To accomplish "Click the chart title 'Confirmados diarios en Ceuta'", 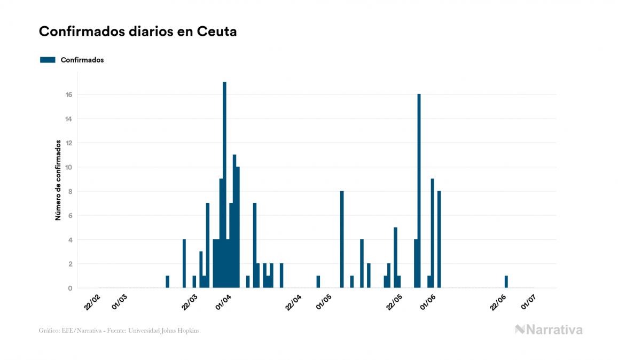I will tap(138, 32).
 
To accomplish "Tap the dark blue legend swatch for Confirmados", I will tap(48, 60).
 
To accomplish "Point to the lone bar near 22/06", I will tap(506, 281).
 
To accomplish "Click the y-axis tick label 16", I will tap(69, 95).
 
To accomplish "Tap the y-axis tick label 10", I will tap(69, 167).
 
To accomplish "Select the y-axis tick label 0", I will tap(71, 288).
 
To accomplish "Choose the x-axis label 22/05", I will tap(394, 302).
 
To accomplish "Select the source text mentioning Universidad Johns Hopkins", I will tap(120, 331).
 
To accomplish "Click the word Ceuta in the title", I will tap(217, 32).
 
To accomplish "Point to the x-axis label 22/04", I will tap(293, 302).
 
